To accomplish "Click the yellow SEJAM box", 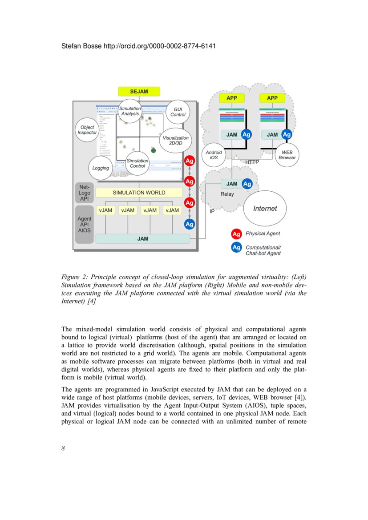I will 139,92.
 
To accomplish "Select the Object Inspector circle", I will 87,130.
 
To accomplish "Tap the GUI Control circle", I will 178,112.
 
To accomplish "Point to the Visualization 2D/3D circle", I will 176,140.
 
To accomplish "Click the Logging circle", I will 101,168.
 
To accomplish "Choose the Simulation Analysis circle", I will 130,111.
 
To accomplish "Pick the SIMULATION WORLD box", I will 139,193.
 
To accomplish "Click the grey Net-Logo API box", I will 84,193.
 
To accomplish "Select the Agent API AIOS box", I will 84,225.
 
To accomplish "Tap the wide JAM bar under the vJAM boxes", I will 142,239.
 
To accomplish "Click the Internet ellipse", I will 265,208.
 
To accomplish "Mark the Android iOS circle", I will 214,155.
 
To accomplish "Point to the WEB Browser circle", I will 287,155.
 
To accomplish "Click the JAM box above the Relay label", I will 232,184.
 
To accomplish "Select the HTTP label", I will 252,163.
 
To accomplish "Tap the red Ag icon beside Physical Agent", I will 236,234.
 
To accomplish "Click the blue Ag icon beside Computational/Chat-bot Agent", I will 236,247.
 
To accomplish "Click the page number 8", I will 63,448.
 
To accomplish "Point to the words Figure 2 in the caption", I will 74,277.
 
